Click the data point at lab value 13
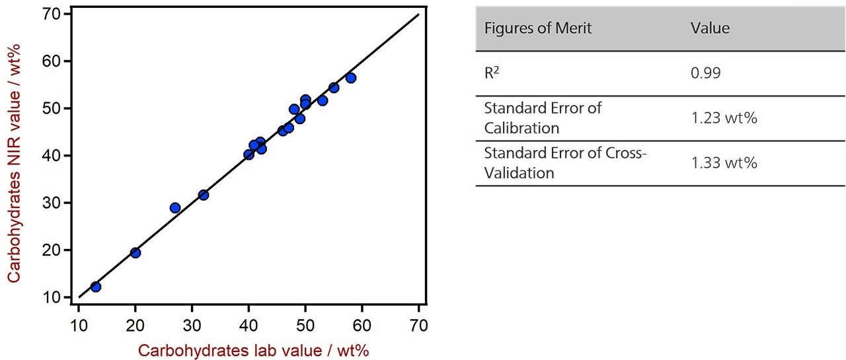96,287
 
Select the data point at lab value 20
135,252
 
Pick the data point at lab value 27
175,207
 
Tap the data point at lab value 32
204,195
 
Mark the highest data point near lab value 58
351,78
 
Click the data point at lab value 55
334,88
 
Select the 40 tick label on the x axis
249,326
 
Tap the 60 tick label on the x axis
362,326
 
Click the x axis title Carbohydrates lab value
253,350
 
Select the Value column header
710,28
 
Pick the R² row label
493,72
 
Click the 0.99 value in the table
706,73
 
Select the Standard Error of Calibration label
543,118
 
